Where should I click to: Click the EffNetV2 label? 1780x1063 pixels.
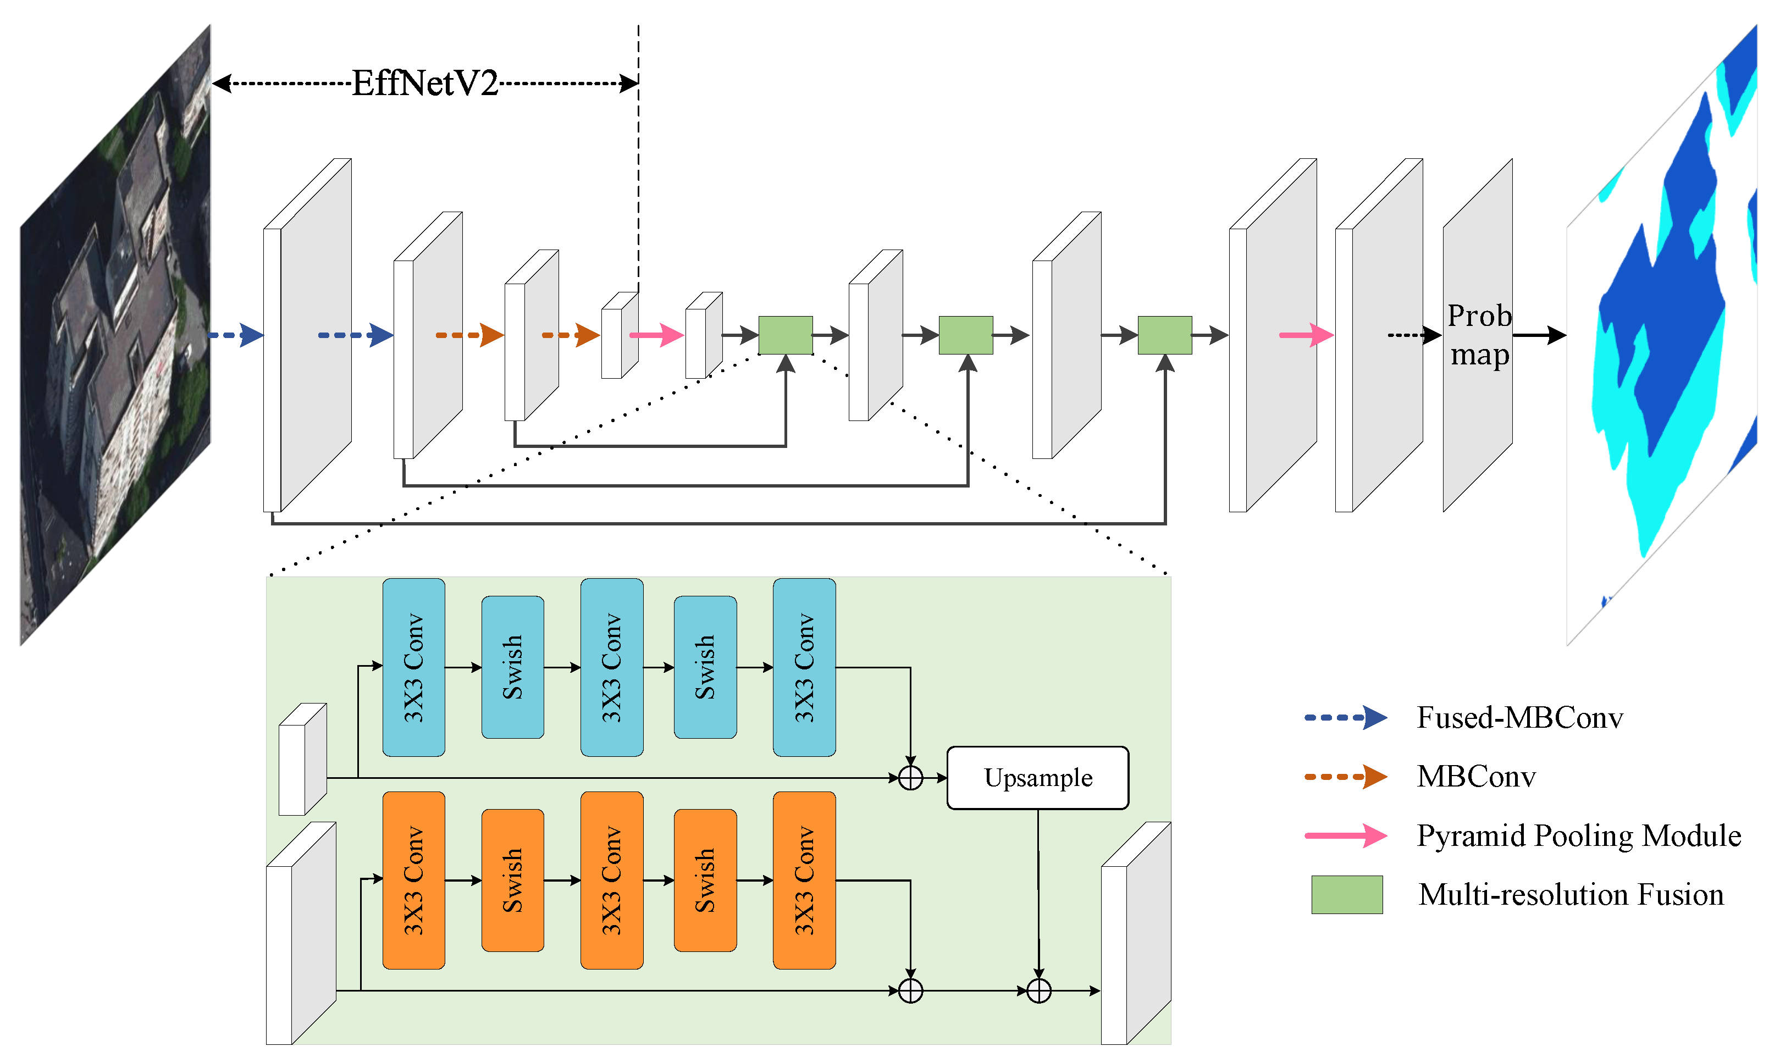pos(425,84)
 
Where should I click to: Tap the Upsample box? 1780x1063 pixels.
pos(1037,778)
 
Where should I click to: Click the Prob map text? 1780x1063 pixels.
pos(1479,335)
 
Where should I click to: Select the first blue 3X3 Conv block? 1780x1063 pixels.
pos(413,668)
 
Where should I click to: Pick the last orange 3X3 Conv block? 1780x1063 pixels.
pos(804,881)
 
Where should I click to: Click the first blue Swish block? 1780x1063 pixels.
pos(512,668)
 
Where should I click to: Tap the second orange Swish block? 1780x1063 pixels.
pos(705,881)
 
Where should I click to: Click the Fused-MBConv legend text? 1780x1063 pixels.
pos(1519,718)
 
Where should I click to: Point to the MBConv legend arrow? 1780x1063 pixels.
pos(1345,777)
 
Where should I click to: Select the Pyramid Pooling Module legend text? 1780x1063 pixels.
pos(1578,836)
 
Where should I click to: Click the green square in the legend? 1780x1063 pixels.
pos(1347,895)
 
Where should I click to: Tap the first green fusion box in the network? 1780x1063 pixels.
pos(785,335)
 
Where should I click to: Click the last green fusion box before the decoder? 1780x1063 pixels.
pos(1165,335)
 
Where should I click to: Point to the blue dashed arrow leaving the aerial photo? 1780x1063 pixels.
pos(236,335)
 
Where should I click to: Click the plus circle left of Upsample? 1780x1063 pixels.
pos(910,778)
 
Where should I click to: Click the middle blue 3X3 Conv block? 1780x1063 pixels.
pos(611,668)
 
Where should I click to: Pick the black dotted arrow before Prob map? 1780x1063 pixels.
pos(1414,335)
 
